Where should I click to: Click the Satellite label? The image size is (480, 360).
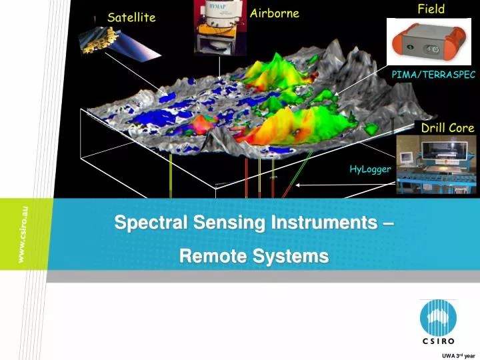(131, 17)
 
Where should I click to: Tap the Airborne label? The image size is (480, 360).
(274, 13)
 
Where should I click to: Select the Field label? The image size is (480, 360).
(431, 9)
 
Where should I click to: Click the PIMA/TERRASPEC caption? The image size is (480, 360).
(433, 75)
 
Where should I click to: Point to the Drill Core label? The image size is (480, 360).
(447, 127)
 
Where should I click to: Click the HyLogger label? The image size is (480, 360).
(370, 169)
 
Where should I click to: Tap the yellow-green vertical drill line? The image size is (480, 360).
(171, 177)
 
